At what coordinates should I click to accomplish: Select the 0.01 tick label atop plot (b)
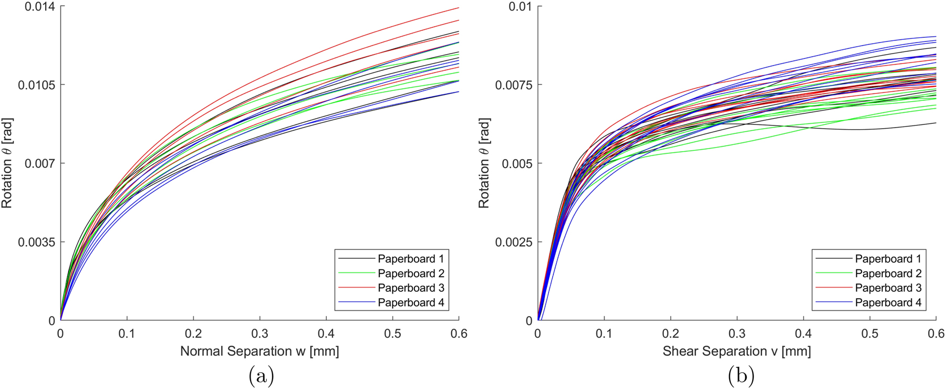point(520,7)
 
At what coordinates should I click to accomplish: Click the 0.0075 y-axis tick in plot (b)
point(513,85)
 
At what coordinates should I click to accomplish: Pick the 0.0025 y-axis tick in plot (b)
point(513,242)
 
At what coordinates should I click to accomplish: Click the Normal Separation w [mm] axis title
point(259,351)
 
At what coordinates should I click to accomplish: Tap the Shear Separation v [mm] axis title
point(736,351)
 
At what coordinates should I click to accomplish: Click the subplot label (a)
point(261,376)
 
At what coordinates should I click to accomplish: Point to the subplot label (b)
point(741,376)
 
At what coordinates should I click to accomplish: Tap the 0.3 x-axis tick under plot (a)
point(259,334)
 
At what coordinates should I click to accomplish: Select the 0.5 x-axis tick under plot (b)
point(870,334)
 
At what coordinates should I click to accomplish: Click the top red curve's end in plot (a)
point(459,8)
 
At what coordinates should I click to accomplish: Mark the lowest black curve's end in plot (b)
point(935,123)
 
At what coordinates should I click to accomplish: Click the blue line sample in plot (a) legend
point(356,302)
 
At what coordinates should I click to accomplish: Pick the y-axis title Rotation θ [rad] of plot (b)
point(484,163)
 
